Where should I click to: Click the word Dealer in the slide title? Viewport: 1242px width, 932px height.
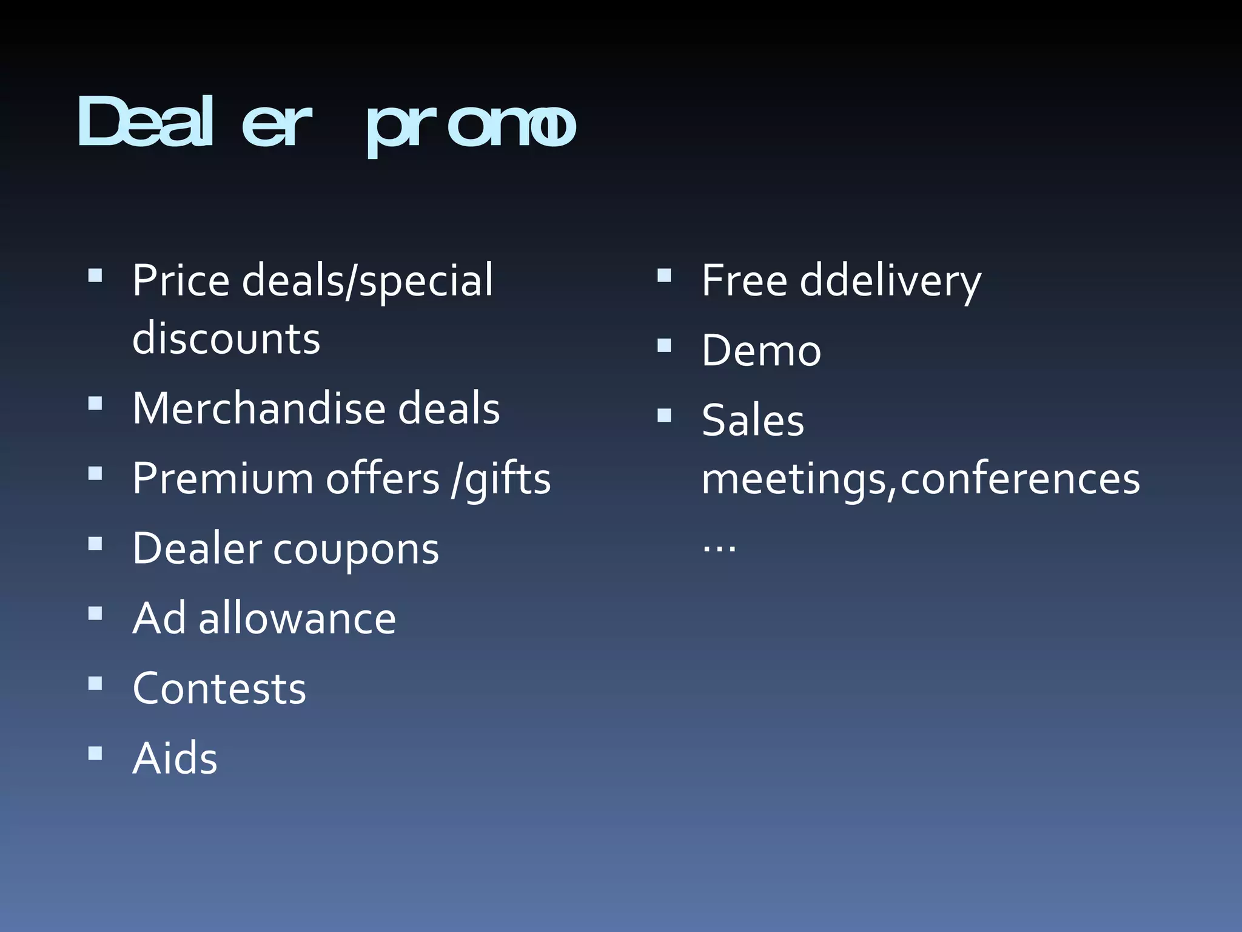194,123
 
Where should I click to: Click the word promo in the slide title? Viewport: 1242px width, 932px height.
471,126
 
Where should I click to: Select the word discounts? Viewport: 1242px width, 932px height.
226,339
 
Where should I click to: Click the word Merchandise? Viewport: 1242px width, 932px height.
258,408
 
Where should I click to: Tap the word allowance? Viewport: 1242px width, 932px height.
297,619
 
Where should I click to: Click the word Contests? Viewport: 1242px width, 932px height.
220,689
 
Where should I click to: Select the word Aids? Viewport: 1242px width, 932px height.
175,759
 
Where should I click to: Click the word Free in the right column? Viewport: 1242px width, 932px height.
744,281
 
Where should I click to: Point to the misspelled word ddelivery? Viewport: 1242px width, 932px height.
890,282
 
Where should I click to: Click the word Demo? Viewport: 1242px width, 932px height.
761,351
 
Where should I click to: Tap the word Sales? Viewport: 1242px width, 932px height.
753,420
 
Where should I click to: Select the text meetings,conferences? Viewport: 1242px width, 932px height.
920,479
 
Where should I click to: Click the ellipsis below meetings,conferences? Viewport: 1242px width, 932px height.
719,547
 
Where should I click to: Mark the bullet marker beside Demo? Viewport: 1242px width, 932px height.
665,346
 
